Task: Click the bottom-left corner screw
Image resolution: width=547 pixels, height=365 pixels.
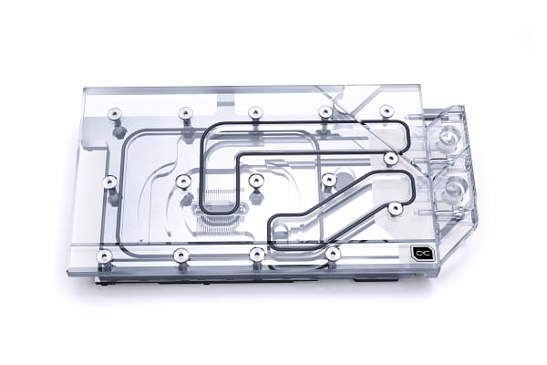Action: (x=105, y=254)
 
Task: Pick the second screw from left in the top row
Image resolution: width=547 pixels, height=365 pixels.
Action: (x=184, y=112)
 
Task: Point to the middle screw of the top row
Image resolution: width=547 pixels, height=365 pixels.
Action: (x=256, y=112)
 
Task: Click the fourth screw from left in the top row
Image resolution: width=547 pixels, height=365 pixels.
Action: (x=325, y=112)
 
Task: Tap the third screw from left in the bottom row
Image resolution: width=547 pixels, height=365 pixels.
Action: (x=258, y=253)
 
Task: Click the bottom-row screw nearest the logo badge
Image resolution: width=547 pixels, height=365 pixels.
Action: (x=333, y=250)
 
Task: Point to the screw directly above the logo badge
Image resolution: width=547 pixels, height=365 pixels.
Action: (x=395, y=208)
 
